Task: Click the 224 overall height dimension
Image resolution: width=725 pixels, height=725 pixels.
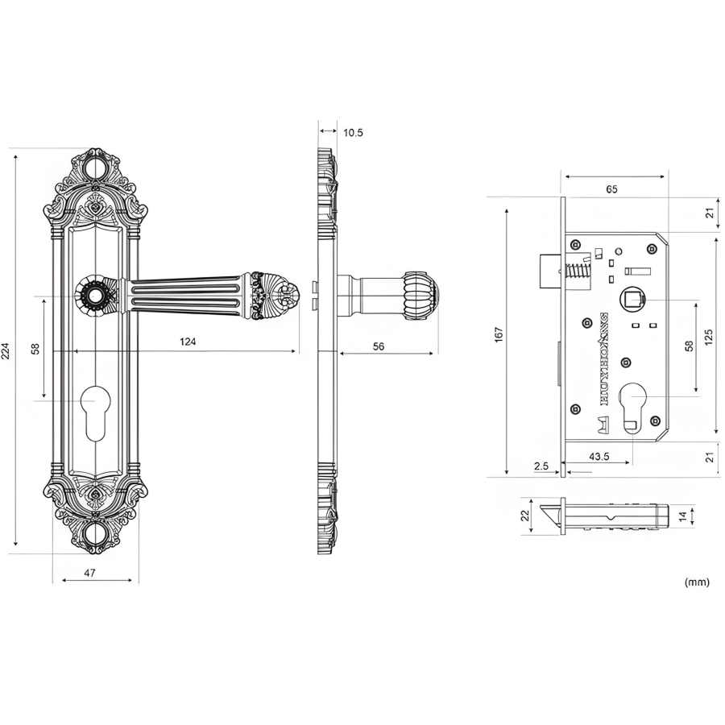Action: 5,351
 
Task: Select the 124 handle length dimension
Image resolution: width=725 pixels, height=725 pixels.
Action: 188,342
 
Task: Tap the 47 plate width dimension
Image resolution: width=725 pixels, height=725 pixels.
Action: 89,573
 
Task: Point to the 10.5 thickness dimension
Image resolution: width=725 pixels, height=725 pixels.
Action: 353,133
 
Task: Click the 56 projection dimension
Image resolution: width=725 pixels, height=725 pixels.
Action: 379,346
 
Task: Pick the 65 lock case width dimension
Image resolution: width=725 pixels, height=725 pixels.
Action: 611,189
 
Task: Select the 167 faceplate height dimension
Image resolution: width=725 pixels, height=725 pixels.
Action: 499,335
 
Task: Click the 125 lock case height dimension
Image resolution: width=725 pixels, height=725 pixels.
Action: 708,337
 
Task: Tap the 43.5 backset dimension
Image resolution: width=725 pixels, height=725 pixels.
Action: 599,457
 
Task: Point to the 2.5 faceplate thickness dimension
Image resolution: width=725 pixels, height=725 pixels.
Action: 541,466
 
